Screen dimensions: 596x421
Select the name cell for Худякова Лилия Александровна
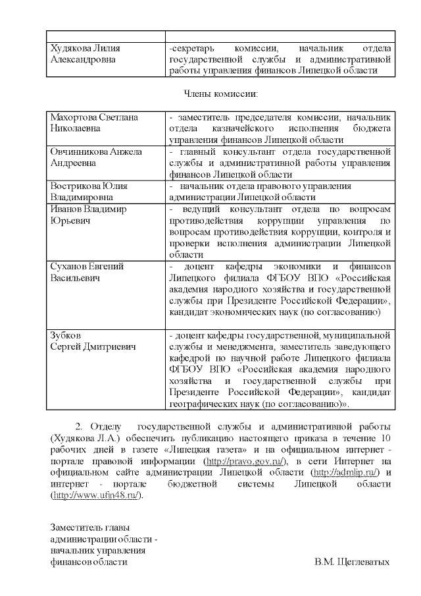coord(85,53)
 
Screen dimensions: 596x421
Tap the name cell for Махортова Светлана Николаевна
coord(94,122)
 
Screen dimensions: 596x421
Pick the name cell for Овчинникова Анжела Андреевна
coord(96,157)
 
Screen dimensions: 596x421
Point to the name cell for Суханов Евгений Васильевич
coord(87,272)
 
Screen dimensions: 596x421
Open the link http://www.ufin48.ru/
coord(96,495)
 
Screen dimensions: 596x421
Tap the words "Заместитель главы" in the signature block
coord(89,527)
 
